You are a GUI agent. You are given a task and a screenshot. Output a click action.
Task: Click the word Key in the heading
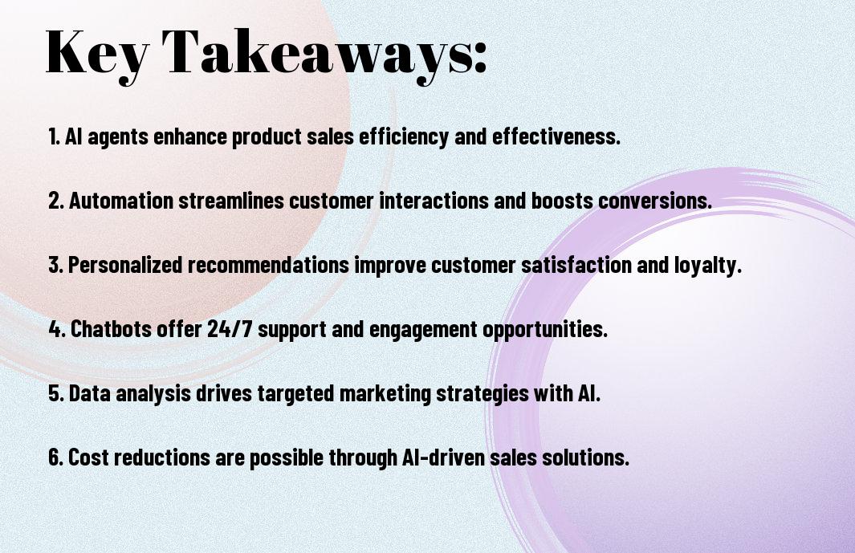tap(97, 55)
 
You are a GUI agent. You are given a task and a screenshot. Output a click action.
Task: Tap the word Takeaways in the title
tap(316, 55)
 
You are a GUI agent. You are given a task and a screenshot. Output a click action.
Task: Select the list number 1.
tap(54, 136)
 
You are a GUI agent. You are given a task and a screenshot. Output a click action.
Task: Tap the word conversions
tap(655, 201)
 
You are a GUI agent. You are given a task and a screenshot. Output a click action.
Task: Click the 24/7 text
tap(230, 329)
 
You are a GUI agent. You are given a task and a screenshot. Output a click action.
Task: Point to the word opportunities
tap(545, 330)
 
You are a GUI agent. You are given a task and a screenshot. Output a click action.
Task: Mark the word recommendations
tap(268, 265)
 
